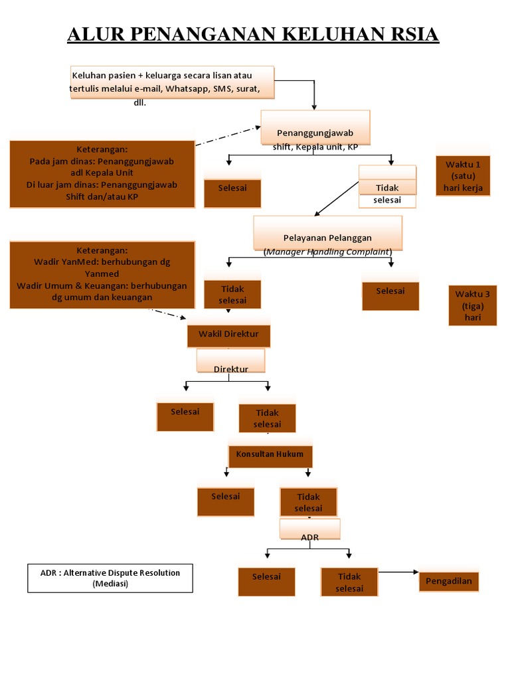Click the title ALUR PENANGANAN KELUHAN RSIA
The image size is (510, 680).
pyautogui.click(x=253, y=34)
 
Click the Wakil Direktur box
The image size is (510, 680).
pyautogui.click(x=229, y=335)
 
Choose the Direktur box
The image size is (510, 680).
pyautogui.click(x=230, y=362)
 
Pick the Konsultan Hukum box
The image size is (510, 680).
pyautogui.click(x=270, y=456)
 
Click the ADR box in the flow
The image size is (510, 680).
pyautogui.click(x=309, y=530)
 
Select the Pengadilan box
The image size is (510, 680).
pyautogui.click(x=449, y=582)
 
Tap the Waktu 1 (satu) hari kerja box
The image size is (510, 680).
pyautogui.click(x=467, y=176)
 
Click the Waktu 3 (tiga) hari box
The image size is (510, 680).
pyautogui.click(x=472, y=305)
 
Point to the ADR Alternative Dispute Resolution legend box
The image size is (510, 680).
pyautogui.click(x=110, y=578)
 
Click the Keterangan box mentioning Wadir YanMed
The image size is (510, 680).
pyautogui.click(x=102, y=274)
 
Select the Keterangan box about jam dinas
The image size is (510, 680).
pyautogui.click(x=102, y=173)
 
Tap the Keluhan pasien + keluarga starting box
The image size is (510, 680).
pyautogui.click(x=171, y=82)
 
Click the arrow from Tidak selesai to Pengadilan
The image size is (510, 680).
pyautogui.click(x=398, y=572)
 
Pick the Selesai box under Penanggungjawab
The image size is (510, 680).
pyautogui.click(x=232, y=193)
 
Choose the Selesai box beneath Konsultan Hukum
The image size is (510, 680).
pyautogui.click(x=226, y=501)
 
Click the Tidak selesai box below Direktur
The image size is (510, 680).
pyautogui.click(x=267, y=418)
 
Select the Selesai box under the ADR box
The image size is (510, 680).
pyautogui.click(x=266, y=581)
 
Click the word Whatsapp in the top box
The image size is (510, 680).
pyautogui.click(x=188, y=89)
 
